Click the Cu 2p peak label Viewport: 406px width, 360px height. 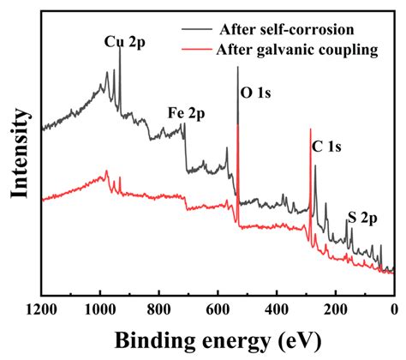click(x=124, y=40)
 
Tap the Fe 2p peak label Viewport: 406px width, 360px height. click(x=187, y=112)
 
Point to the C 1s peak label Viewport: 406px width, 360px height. click(x=327, y=147)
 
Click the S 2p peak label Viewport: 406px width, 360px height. click(x=362, y=218)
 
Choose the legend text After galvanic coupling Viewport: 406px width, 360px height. click(x=300, y=50)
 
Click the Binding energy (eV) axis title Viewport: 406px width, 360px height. click(x=217, y=340)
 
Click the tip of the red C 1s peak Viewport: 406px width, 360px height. click(x=310, y=129)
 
